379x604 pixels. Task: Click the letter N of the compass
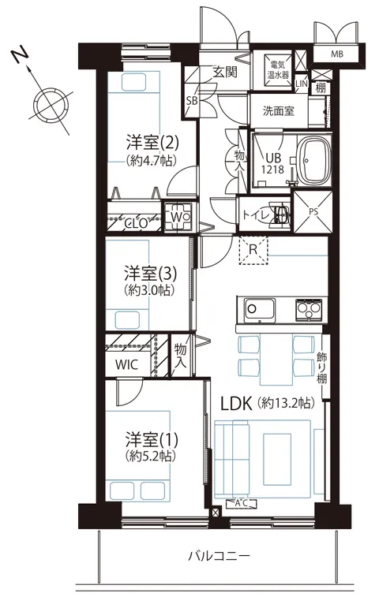(x=21, y=55)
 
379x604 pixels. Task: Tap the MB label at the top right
(x=336, y=54)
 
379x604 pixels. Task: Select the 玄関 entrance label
(x=225, y=72)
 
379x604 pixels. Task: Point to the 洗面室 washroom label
(x=279, y=111)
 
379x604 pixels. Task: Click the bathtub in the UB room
(x=314, y=161)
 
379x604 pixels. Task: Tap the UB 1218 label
(x=273, y=164)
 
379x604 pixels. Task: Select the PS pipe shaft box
(x=313, y=213)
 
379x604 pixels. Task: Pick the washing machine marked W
(x=179, y=218)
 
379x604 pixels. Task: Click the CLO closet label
(x=137, y=222)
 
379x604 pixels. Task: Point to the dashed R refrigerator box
(x=253, y=250)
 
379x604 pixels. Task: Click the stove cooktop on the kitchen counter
(x=310, y=310)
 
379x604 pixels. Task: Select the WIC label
(x=126, y=364)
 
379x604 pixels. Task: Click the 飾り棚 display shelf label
(x=321, y=368)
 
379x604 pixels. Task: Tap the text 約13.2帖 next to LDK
(x=286, y=403)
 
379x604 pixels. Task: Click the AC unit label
(x=241, y=503)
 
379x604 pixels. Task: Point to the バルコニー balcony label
(x=220, y=555)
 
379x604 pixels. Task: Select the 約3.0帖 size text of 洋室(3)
(x=150, y=289)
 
